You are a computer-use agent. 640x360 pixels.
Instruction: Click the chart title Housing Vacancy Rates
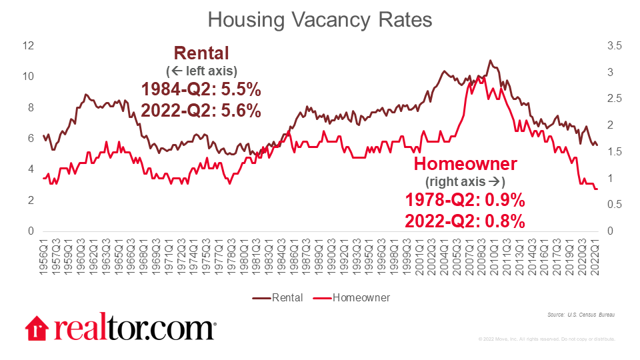320,19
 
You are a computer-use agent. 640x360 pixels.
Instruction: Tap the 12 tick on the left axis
27,45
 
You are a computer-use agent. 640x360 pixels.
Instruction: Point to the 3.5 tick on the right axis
614,45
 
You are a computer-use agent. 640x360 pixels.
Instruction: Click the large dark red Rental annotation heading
201,53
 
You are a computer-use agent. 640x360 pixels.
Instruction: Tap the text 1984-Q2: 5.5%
201,90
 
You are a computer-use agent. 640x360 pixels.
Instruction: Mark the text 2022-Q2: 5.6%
201,111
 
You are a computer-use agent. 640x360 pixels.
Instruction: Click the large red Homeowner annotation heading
465,165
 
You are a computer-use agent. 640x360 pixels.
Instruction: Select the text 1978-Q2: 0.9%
465,201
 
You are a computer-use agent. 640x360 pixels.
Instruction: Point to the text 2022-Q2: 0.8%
465,221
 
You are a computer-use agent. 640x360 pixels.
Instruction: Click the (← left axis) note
201,71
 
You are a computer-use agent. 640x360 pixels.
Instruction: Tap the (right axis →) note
465,181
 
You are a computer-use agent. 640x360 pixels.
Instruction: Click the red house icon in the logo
37,329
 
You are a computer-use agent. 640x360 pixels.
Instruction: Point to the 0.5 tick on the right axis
614,205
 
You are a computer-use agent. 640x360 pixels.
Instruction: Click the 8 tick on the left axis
31,107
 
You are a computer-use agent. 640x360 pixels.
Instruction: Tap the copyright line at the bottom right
547,339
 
